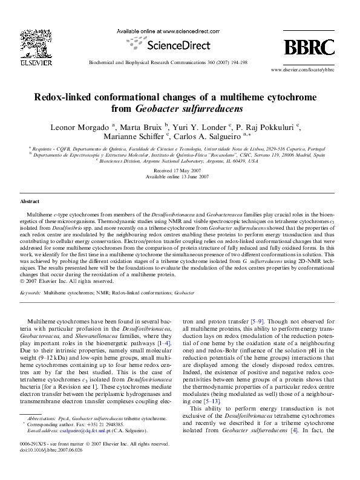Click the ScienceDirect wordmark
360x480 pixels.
pyautogui.click(x=177, y=45)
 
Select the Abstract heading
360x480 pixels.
pyautogui.click(x=30, y=201)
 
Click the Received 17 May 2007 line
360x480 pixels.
pyautogui.click(x=180, y=172)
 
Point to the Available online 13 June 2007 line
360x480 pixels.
pyautogui.click(x=180, y=178)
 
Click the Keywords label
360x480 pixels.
pyautogui.click(x=30, y=291)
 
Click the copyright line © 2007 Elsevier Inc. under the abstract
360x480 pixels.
pyautogui.click(x=66, y=281)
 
